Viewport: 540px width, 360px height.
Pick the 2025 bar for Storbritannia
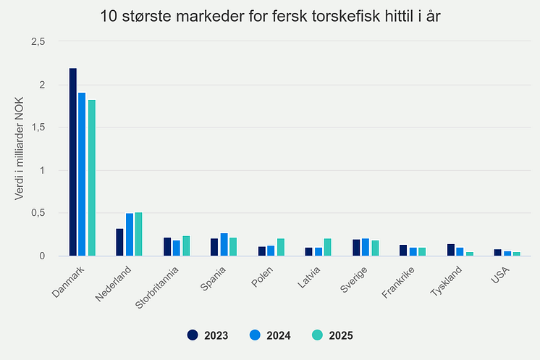click(186, 246)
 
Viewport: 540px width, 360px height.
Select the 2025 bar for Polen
click(280, 247)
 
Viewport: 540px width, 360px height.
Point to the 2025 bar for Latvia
click(327, 247)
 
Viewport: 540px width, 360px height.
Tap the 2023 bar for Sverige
click(356, 247)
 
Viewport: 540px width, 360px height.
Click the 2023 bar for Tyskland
click(450, 250)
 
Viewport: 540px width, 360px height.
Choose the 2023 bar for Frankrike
click(403, 250)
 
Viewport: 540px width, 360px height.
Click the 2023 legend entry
click(208, 335)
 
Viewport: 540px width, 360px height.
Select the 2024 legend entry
click(270, 335)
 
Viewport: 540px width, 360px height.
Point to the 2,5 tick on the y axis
click(38, 42)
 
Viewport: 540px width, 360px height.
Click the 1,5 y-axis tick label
click(38, 127)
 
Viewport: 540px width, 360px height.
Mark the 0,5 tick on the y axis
click(38, 213)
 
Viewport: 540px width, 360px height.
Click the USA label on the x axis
click(499, 275)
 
